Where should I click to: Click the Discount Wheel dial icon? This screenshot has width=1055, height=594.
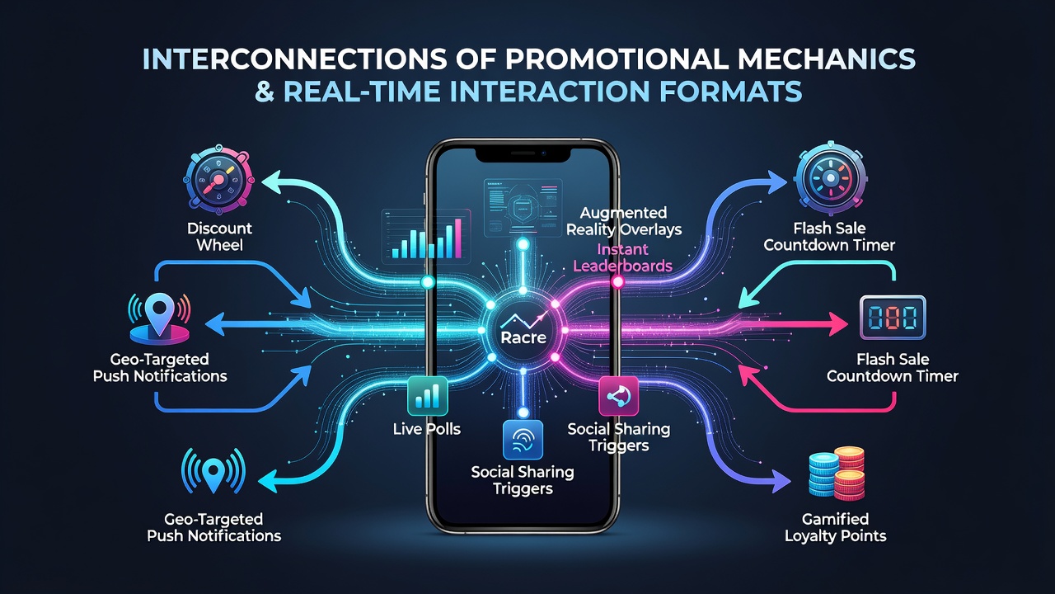click(218, 181)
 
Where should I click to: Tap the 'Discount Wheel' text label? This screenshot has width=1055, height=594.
click(219, 237)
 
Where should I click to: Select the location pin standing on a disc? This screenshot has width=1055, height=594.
click(160, 319)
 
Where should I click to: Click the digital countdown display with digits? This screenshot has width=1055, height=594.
click(893, 318)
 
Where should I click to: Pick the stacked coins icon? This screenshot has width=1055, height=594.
click(837, 474)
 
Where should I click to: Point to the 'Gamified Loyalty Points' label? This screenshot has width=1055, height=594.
click(836, 527)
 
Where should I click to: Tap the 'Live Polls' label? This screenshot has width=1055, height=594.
click(427, 429)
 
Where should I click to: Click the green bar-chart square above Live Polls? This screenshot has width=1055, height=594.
click(428, 396)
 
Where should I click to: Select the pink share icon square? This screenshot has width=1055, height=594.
click(618, 396)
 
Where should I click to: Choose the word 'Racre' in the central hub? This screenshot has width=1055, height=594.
click(523, 337)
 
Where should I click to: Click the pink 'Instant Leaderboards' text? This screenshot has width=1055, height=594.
click(622, 257)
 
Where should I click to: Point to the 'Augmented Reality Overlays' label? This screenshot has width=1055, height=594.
click(624, 221)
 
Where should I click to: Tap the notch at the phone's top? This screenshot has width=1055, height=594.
click(523, 154)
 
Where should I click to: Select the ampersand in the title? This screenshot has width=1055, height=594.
click(265, 91)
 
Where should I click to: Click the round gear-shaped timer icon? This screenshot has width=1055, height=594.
click(830, 177)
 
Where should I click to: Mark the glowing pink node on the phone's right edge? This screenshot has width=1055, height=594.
click(617, 282)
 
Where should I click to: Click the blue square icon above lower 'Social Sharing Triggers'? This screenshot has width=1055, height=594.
click(523, 440)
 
